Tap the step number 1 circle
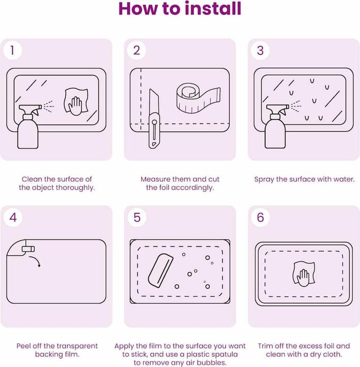point(13,50)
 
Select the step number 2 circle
point(136,50)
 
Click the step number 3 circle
point(260,50)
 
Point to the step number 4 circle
point(13,217)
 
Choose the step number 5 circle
point(137,217)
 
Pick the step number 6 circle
point(260,217)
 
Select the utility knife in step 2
point(154,119)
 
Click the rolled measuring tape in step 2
point(198,98)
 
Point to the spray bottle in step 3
point(278,126)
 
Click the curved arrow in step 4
point(36,260)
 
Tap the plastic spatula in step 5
point(160,271)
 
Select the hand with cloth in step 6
point(303,274)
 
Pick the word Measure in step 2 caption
point(155,179)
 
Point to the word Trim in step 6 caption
point(265,346)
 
